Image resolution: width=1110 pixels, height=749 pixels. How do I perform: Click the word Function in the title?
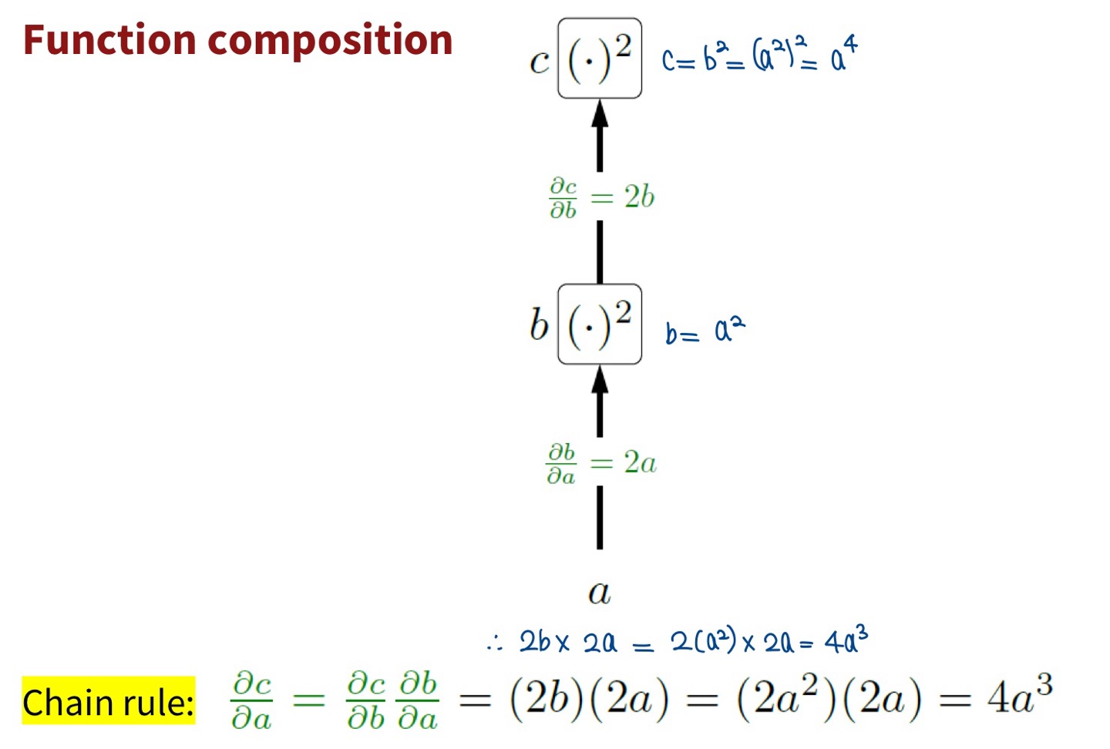109,40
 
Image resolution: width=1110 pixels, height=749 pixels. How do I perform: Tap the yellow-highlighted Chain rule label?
108,701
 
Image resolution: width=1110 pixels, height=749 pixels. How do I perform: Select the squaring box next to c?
600,59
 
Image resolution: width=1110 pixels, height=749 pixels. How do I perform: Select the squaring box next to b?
600,324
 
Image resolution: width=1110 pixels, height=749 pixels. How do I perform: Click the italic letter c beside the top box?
540,62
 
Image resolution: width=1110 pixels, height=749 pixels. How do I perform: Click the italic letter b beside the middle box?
539,324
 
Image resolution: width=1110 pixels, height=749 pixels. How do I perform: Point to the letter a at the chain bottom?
599,592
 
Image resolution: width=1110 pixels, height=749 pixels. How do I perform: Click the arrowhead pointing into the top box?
600,114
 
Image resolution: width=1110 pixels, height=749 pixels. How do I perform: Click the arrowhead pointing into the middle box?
600,380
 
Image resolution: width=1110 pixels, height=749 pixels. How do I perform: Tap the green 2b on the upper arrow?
639,197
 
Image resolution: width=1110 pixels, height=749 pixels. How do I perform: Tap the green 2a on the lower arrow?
640,463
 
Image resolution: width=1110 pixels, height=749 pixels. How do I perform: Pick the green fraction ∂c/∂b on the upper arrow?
563,198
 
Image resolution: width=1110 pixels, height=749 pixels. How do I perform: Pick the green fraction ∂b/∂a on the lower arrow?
561,464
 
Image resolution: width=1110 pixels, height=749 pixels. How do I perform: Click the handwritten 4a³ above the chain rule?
846,641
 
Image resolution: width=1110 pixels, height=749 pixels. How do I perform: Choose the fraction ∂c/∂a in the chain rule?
251,700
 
